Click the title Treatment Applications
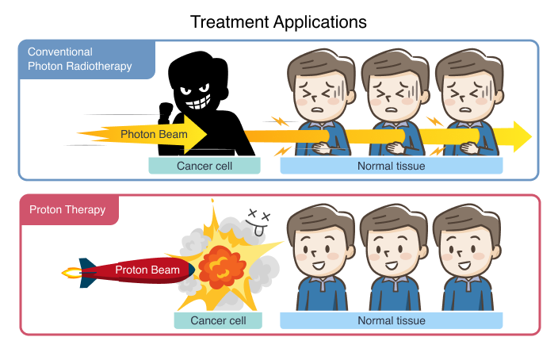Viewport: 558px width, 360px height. [x=278, y=22]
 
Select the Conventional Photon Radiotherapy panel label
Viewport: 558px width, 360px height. [x=80, y=59]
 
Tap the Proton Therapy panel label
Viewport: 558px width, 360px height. [x=67, y=209]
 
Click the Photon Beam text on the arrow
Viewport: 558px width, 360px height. [x=154, y=134]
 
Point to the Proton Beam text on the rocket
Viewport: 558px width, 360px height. [x=147, y=270]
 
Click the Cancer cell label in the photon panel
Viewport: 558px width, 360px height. [x=204, y=166]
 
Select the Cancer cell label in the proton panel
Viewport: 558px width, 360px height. [x=218, y=320]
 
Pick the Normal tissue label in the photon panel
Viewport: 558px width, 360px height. [x=391, y=166]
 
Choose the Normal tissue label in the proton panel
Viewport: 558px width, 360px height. [x=391, y=320]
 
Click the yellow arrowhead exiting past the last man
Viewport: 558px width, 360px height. [x=522, y=136]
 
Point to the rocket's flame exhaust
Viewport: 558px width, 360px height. [x=72, y=273]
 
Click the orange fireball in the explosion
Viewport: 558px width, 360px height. [x=222, y=267]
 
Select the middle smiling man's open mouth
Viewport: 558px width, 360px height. [x=392, y=266]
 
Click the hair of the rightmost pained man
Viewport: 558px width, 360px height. [x=469, y=67]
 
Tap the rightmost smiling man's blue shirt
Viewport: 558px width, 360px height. [x=468, y=293]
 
